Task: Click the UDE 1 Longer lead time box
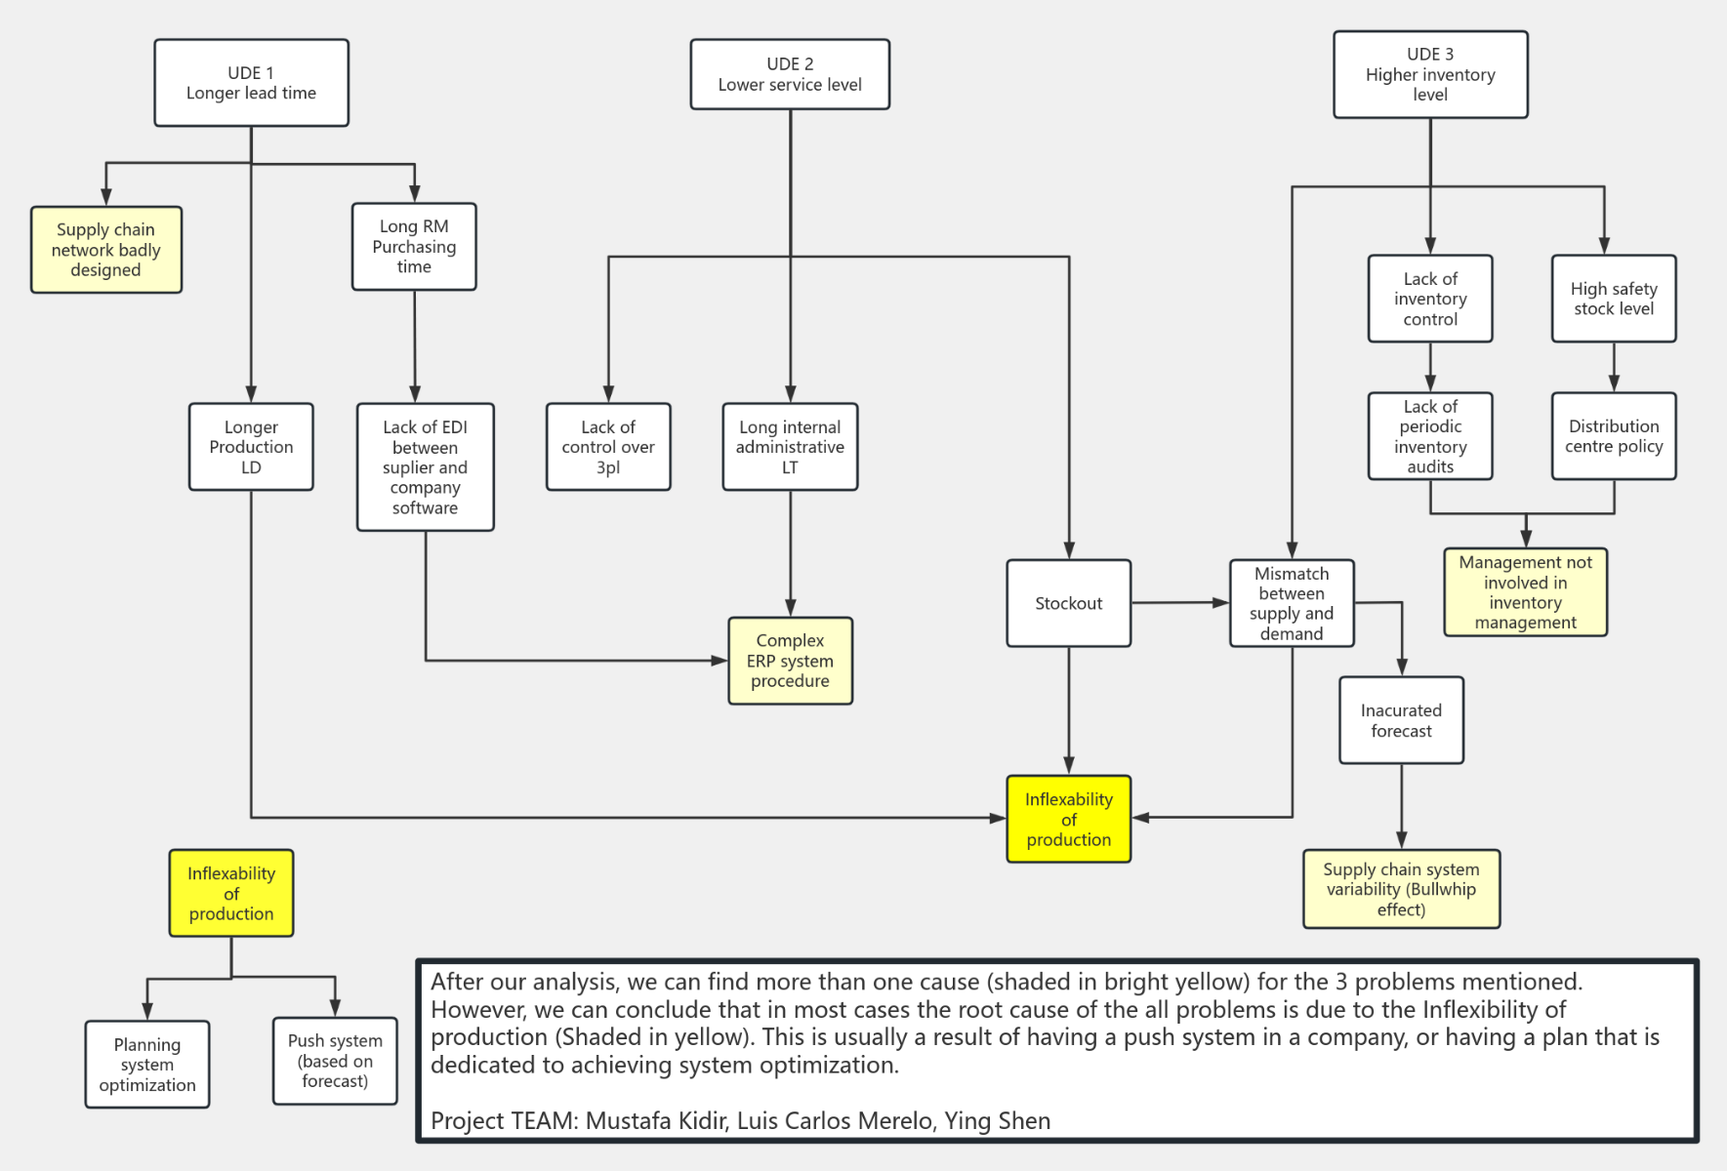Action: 251,83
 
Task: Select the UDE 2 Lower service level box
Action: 790,74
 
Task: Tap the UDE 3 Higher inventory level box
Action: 1430,74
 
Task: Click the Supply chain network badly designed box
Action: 105,250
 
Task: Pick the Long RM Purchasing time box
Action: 414,247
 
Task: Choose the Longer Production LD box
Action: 251,447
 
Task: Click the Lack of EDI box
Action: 425,467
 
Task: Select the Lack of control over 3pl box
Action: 608,447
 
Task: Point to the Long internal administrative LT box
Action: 790,447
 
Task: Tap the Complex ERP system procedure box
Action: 790,661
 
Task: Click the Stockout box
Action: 1068,603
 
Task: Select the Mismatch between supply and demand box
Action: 1291,603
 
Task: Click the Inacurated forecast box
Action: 1401,720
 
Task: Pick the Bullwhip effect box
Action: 1401,889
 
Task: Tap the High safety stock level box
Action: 1613,299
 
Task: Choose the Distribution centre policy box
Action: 1613,436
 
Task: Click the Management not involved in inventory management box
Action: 1525,592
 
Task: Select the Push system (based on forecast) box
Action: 335,1061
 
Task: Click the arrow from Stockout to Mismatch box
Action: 1179,603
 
